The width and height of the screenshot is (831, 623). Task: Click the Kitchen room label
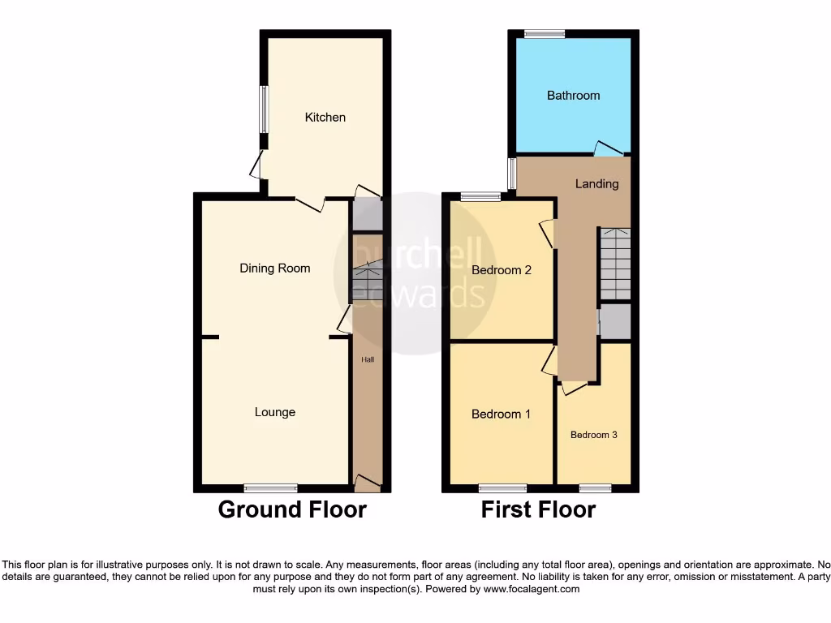click(x=325, y=118)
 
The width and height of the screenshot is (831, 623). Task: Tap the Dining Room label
click(x=275, y=269)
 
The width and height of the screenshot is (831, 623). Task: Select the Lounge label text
click(x=275, y=412)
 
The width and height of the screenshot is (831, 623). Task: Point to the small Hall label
click(x=368, y=359)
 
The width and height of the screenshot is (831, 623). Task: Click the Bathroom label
click(x=573, y=96)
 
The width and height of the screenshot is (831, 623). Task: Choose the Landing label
click(x=596, y=184)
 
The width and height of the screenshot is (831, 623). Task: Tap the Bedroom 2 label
click(x=502, y=270)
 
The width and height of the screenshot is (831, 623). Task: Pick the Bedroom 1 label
click(x=501, y=415)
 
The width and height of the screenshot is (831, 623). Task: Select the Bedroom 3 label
click(x=593, y=435)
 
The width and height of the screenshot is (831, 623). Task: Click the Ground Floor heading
click(x=292, y=510)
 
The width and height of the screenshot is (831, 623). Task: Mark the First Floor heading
click(x=538, y=510)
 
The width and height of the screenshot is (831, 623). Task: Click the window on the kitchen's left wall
click(x=264, y=110)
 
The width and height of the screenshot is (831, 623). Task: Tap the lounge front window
click(x=270, y=488)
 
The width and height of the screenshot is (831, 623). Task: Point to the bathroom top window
click(x=544, y=34)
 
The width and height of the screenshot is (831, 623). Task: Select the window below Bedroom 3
click(x=595, y=488)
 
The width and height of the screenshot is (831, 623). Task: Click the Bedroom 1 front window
click(x=502, y=488)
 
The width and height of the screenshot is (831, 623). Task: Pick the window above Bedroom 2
click(x=480, y=196)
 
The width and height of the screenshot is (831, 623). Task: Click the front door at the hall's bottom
click(x=368, y=485)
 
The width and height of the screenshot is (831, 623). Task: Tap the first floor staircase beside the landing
click(x=614, y=264)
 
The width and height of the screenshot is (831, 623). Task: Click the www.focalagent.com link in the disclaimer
click(x=532, y=590)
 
